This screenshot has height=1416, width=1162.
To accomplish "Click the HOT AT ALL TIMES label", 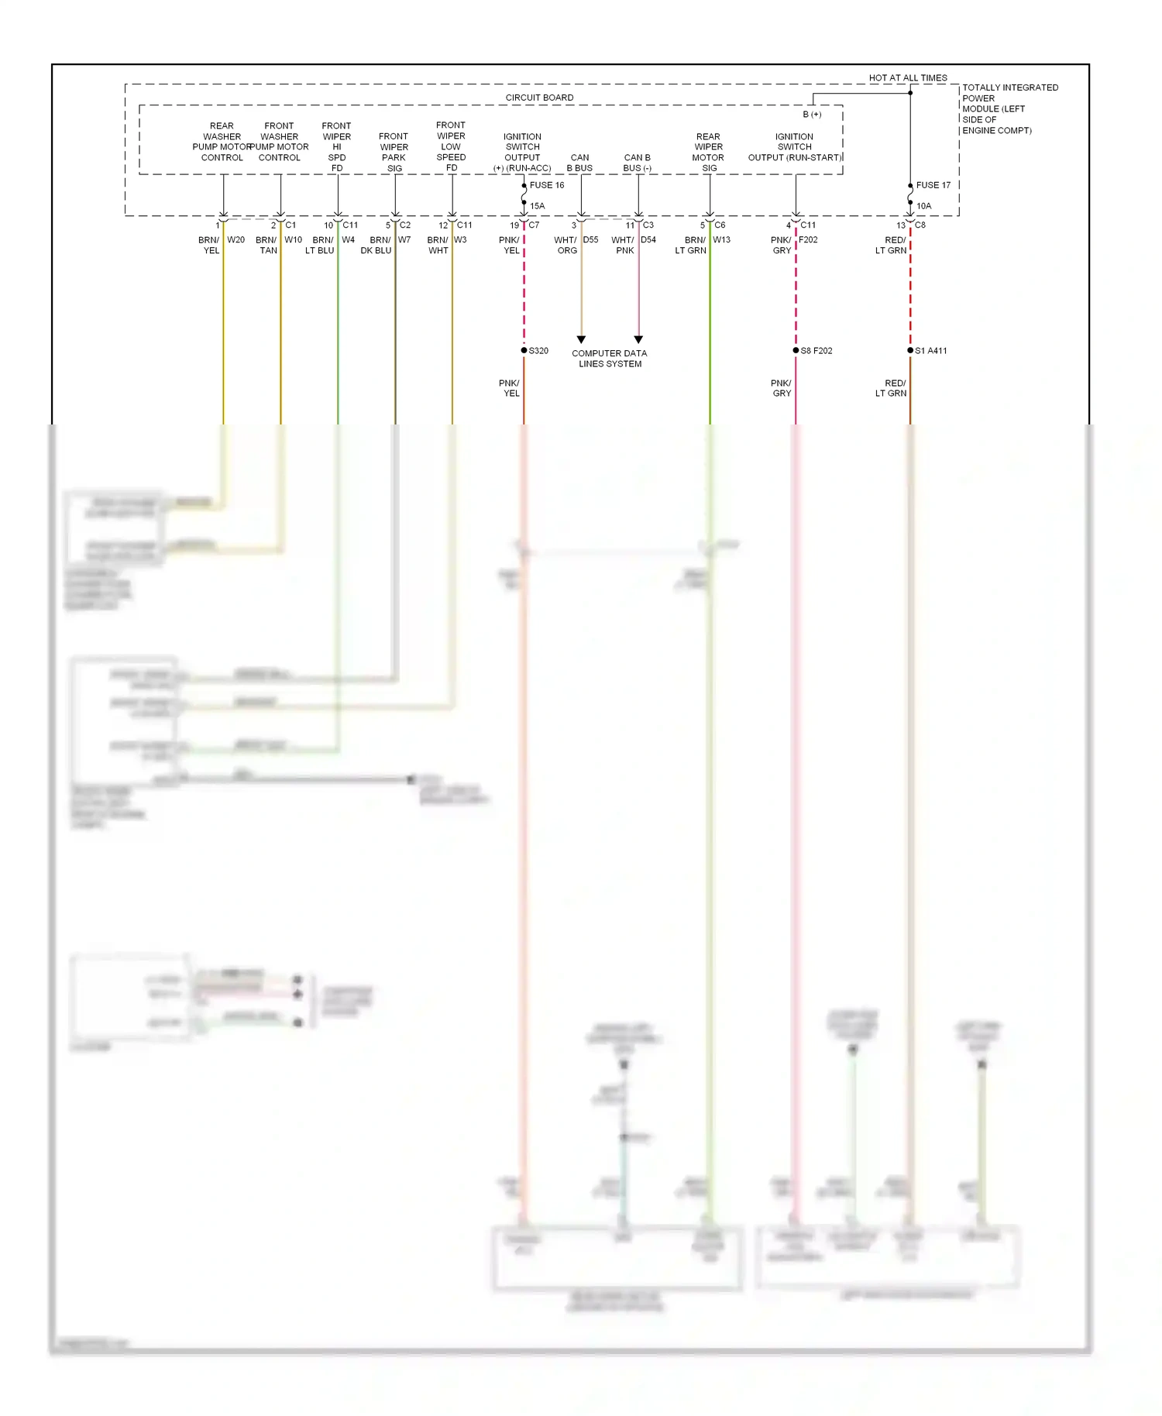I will coord(907,77).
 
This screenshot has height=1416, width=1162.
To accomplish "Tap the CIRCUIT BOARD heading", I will coord(539,98).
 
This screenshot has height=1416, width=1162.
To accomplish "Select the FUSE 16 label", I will coord(547,185).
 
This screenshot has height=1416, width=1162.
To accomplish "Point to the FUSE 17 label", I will coord(933,185).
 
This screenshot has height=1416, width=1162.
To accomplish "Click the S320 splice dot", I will coord(524,351).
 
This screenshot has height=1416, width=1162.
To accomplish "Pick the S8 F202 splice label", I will coord(816,351).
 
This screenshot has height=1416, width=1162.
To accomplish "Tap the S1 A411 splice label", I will coord(931,351).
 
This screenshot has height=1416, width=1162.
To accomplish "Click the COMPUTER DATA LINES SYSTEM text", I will coord(610,359).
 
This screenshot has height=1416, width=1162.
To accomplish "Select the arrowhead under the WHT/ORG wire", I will coord(581,339).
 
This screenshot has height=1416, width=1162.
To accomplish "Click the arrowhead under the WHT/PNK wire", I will coord(638,339).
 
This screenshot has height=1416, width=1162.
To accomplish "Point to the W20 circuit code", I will coord(235,240).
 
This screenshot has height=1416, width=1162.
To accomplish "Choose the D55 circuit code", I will coord(590,240).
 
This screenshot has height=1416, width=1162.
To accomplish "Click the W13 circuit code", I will coord(721,240).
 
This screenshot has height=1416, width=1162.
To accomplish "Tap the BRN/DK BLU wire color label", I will coord(376,246).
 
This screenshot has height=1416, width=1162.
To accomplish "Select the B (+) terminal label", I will coord(812,115).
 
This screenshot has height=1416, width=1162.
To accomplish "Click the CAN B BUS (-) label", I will coord(638,163).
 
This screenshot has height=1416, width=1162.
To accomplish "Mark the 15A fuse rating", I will coord(538,206).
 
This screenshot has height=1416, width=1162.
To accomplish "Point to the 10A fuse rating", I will coord(924,206).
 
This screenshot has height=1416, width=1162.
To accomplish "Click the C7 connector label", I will coord(534,225).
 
